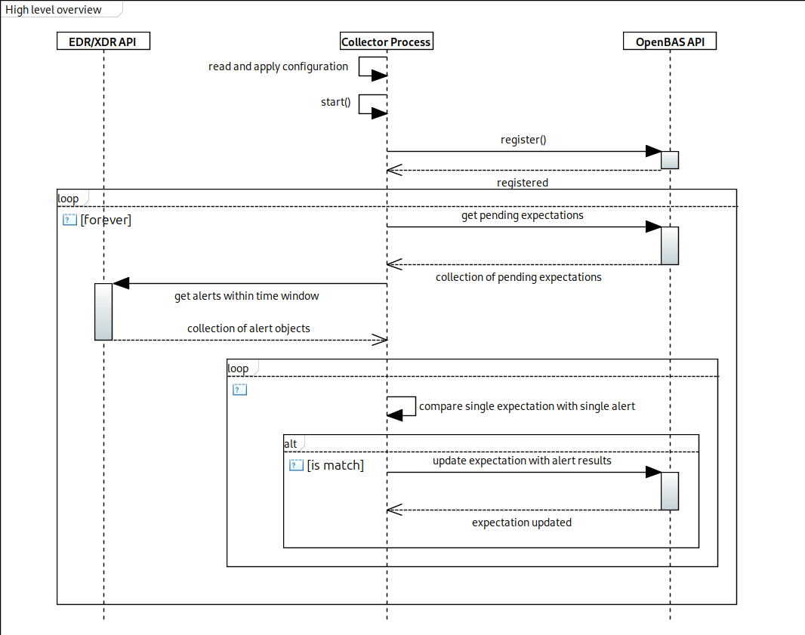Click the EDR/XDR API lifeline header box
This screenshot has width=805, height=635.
[103, 42]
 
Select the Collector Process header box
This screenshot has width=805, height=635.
[387, 42]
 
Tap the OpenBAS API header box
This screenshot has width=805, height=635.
[670, 42]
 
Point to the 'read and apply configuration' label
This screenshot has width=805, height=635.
[278, 66]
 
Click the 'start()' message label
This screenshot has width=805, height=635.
[335, 102]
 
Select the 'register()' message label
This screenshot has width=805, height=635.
[523, 140]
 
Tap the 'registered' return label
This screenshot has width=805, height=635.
[523, 183]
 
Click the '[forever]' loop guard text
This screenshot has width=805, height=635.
[106, 220]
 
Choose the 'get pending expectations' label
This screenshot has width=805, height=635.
[523, 215]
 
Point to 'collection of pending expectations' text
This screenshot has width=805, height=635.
[519, 277]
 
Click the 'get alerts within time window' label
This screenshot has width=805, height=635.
[247, 296]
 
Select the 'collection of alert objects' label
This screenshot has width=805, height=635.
[248, 328]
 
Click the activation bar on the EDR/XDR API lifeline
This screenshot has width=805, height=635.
[103, 312]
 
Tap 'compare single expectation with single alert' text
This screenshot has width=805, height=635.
[527, 406]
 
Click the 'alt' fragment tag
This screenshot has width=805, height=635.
[291, 443]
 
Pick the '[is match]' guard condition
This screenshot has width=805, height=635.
[335, 465]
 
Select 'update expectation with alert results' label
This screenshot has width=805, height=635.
[522, 461]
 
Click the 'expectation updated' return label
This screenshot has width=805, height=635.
[522, 522]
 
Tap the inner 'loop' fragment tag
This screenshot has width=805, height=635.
[239, 368]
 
